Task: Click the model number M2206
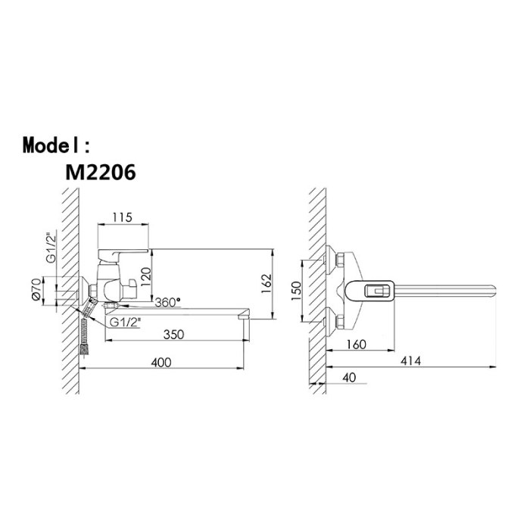click(101, 173)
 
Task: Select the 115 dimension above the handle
click(122, 217)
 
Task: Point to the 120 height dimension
click(145, 276)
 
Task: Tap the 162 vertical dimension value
click(267, 284)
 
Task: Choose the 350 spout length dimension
click(173, 335)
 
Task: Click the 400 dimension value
click(161, 363)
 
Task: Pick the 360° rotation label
click(167, 302)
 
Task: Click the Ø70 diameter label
click(36, 291)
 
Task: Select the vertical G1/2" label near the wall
click(51, 247)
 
